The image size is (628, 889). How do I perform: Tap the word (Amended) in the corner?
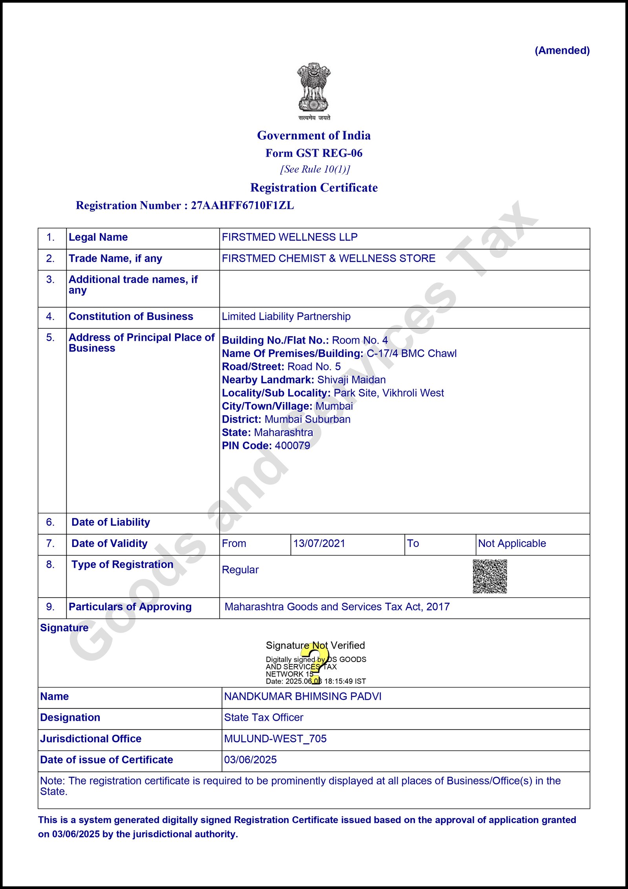click(562, 51)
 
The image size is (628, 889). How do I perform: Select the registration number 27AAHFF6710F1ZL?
click(242, 205)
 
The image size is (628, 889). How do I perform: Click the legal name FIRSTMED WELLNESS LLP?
click(290, 237)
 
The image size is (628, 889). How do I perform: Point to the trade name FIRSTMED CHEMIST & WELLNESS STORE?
click(329, 258)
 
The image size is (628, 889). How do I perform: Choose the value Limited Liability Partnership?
click(286, 316)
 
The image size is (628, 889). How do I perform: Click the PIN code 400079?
click(292, 446)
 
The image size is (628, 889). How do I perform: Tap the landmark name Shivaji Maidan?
click(351, 380)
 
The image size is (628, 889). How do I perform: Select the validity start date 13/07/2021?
click(319, 543)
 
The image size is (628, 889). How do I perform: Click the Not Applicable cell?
click(512, 543)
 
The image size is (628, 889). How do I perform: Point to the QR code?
click(490, 576)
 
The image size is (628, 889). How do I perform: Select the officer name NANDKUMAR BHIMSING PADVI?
click(303, 696)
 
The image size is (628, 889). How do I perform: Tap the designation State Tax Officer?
click(264, 717)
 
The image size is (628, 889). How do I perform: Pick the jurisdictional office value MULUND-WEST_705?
click(275, 739)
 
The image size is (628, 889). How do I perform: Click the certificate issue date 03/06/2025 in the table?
click(250, 760)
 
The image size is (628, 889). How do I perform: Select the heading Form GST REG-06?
click(314, 153)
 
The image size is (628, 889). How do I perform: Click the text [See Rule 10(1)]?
click(315, 169)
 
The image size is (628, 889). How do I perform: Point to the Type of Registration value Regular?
click(240, 570)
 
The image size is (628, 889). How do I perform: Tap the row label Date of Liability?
click(111, 522)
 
